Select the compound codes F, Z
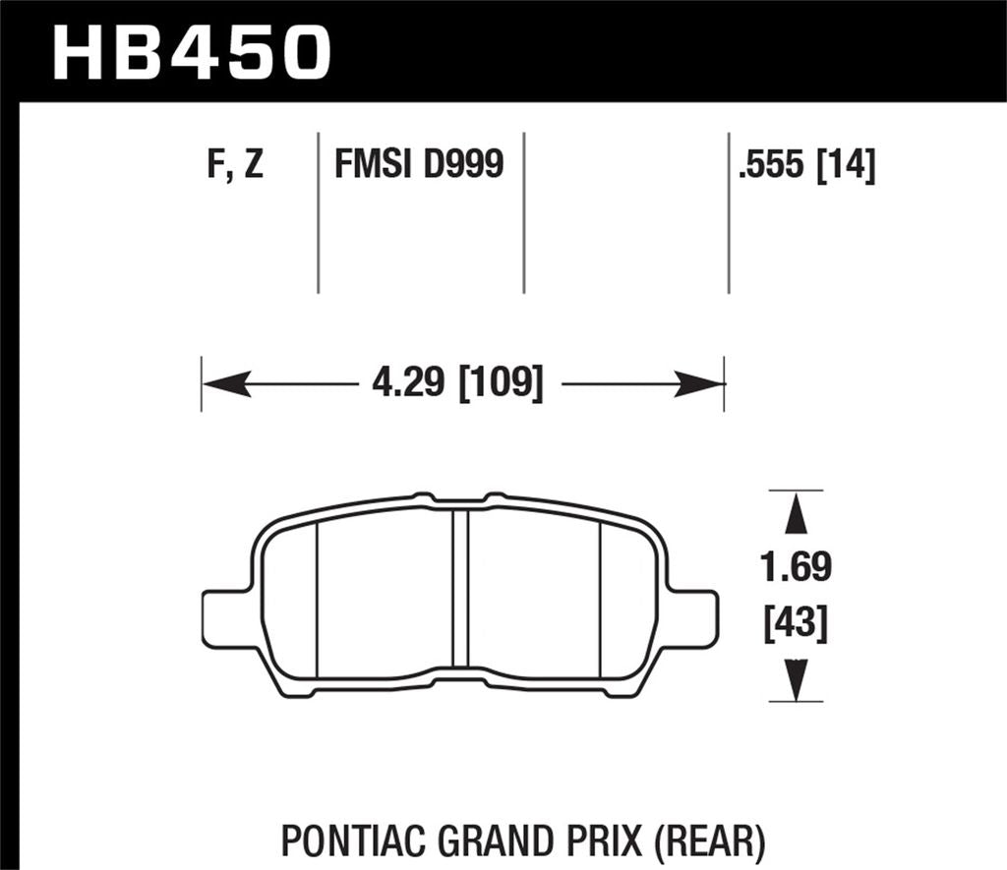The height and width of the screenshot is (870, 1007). tap(236, 164)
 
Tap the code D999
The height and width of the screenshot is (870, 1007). tap(463, 164)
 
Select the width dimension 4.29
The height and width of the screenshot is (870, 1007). tap(410, 382)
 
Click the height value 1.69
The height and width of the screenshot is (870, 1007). tap(796, 567)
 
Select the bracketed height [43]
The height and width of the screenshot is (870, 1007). tap(796, 623)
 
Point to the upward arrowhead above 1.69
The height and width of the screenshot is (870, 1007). tap(796, 515)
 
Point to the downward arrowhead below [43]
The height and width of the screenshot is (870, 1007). tap(796, 678)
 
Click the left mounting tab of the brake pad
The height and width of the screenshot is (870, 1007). tap(224, 619)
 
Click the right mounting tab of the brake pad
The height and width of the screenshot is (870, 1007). tap(695, 619)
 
